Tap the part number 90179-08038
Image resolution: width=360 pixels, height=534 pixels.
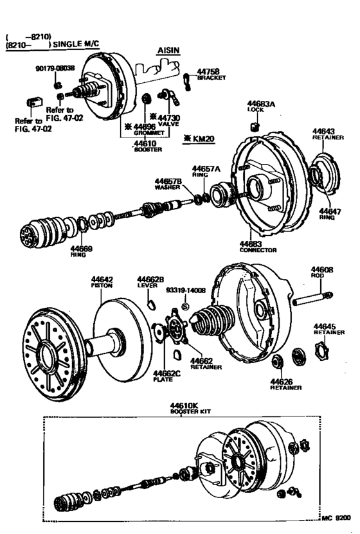[x=55, y=67]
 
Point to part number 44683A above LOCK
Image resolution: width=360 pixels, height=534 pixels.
[x=261, y=104]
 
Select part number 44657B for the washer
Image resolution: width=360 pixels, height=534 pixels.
[x=168, y=182]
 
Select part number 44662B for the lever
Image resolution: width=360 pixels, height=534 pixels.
[x=150, y=280]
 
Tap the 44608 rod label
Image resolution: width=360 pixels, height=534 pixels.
[x=321, y=270]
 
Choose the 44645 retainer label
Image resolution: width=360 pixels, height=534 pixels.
[x=327, y=326]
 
